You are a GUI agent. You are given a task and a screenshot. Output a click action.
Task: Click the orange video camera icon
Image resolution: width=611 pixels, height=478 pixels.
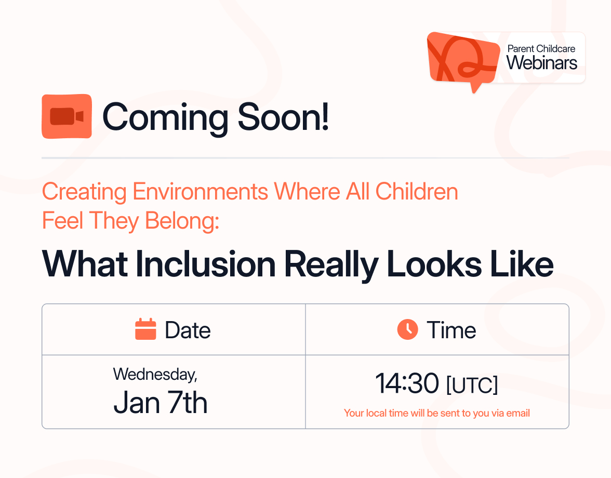pos(67,116)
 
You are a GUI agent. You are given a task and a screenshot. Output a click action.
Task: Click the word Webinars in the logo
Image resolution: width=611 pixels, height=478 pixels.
pos(542,63)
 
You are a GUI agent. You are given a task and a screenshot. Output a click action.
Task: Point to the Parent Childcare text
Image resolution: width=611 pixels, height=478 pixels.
pos(541,48)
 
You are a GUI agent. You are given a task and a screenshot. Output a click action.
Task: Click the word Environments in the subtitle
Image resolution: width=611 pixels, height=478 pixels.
pos(200,192)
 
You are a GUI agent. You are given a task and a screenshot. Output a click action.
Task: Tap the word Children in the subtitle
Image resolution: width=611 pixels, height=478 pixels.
pos(417,192)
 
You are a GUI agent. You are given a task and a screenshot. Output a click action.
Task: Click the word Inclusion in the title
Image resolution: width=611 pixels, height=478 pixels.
pos(205,264)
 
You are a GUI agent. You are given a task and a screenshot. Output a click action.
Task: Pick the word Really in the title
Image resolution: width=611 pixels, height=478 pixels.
pos(331,264)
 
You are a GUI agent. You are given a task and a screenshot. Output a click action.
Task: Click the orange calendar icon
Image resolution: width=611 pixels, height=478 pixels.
pos(145,329)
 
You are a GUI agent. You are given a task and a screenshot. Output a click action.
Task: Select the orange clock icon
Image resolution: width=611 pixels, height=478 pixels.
pos(407,329)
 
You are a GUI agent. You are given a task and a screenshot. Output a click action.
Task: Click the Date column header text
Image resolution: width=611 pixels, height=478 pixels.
pos(188,330)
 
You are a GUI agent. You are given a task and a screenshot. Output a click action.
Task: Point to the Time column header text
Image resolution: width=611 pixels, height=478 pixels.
pos(451,330)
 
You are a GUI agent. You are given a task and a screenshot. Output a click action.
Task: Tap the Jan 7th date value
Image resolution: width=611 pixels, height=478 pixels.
pos(160,402)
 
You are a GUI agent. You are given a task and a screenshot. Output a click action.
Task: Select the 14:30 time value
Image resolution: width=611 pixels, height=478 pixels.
pos(407,384)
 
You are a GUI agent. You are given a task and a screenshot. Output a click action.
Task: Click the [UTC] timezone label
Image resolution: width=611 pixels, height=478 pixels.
pos(472,385)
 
